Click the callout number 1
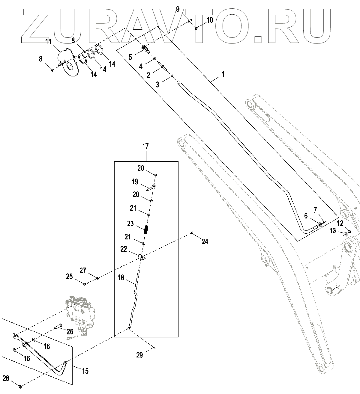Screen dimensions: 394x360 click(223, 74)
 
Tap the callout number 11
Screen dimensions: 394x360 click(49, 41)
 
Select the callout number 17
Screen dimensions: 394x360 click(145, 147)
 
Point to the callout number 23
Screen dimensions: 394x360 click(130, 224)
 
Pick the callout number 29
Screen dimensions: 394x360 click(139, 355)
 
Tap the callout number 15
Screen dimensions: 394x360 click(85, 371)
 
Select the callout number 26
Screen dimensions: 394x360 click(70, 332)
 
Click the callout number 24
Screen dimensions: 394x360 click(205, 241)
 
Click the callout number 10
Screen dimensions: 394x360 click(210, 20)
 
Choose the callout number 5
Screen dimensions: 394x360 click(130, 57)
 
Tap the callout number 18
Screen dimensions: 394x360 click(121, 277)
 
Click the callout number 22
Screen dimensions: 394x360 click(124, 249)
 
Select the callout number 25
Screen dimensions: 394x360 click(69, 276)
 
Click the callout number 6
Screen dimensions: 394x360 click(306, 216)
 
